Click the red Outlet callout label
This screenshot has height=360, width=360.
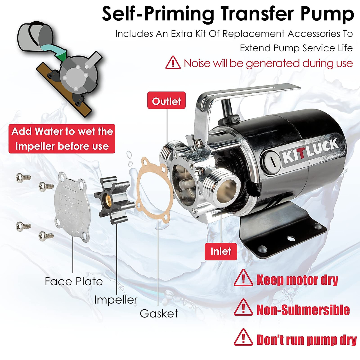[x=166, y=101]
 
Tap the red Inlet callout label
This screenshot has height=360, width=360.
[x=221, y=251]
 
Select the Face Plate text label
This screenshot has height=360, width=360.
[x=74, y=281]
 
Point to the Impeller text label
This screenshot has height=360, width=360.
[x=116, y=299]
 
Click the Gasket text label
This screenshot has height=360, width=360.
[x=159, y=313]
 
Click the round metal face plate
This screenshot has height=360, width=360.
[x=72, y=207]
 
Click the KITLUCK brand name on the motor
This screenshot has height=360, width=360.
[x=310, y=151]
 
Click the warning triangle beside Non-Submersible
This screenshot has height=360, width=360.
[x=243, y=308]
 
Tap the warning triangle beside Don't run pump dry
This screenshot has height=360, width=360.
[x=243, y=338]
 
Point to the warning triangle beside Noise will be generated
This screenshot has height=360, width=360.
[x=173, y=63]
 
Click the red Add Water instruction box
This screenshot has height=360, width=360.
[x=62, y=139]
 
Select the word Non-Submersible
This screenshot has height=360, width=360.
[x=303, y=310]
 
